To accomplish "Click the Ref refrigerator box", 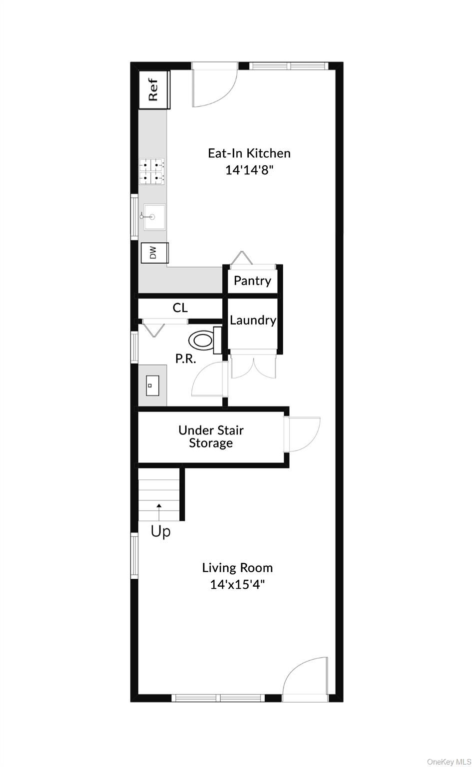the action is click(154, 90).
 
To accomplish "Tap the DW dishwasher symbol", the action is click(155, 253).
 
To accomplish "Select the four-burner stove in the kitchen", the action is click(152, 172).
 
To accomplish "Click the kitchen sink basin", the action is click(154, 217).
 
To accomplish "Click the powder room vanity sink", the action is click(152, 385).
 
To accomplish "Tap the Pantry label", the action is click(252, 281).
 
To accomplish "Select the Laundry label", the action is click(253, 321).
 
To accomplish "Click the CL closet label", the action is click(180, 308).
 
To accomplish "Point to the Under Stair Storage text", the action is click(211, 436).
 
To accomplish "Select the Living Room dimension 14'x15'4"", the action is click(237, 584).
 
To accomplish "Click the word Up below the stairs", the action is click(161, 532).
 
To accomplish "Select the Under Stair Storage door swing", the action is click(304, 434).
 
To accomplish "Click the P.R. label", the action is click(186, 359).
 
